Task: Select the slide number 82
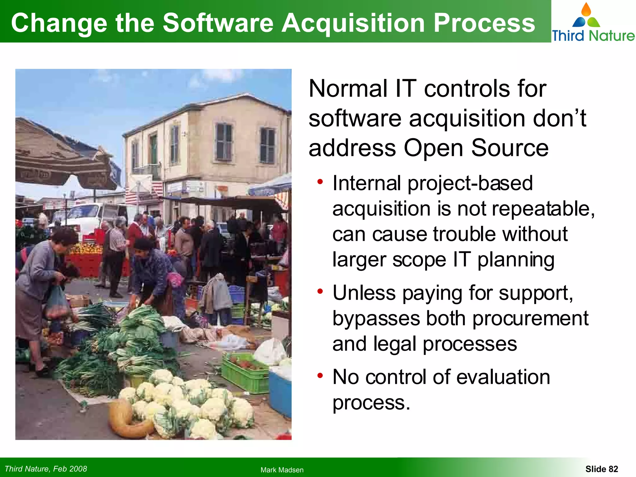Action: (602, 469)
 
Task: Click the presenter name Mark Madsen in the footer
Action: (282, 470)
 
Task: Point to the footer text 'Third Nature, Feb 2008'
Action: (46, 469)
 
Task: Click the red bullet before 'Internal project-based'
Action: (320, 181)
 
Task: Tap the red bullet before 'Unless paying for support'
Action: (320, 291)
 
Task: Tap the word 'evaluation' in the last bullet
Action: (503, 377)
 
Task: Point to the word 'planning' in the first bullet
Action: (516, 260)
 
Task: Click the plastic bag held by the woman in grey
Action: (57, 303)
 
